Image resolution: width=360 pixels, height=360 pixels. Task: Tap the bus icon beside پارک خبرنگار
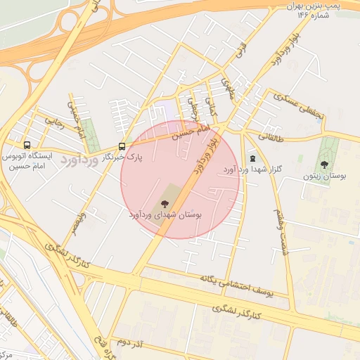122,147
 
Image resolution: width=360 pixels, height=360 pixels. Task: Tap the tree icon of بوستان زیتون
324,165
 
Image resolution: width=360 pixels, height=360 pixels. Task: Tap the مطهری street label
226,87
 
